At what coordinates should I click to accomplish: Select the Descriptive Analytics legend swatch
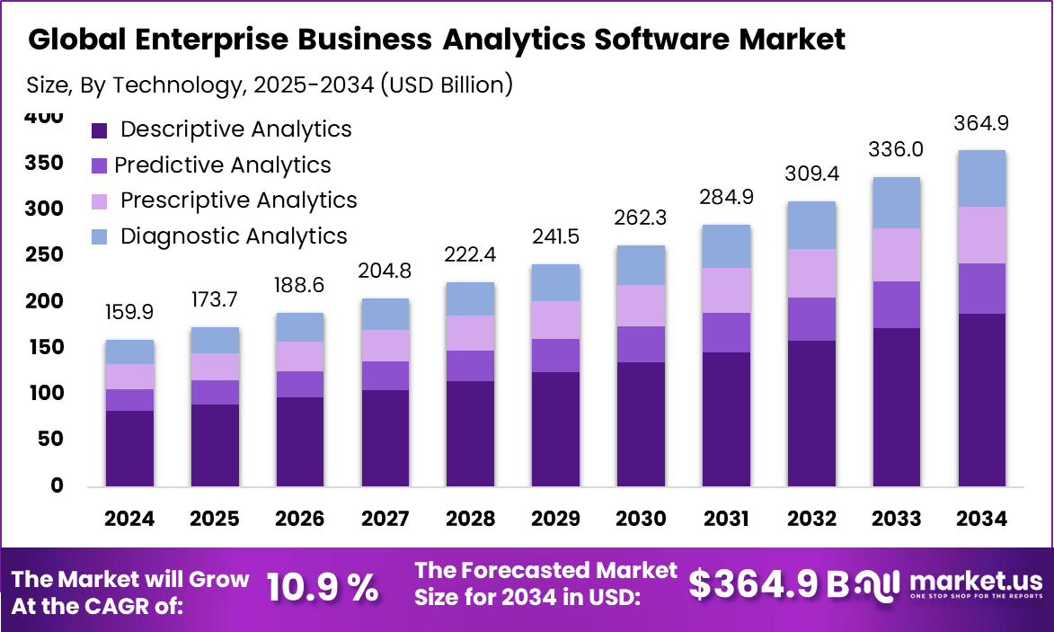[100, 130]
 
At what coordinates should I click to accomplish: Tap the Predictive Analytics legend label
[223, 165]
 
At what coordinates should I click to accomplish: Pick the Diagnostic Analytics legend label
[234, 236]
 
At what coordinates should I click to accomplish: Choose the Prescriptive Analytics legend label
[238, 200]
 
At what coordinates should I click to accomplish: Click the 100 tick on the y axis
[45, 393]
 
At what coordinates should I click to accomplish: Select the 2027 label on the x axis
[385, 519]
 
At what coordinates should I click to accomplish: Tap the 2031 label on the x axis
[726, 519]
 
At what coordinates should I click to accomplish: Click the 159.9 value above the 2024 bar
[129, 312]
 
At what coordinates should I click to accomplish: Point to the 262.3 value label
[641, 218]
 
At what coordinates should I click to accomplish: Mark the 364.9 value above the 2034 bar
[981, 122]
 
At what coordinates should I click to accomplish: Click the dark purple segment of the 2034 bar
[981, 400]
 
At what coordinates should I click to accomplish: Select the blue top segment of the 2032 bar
[811, 225]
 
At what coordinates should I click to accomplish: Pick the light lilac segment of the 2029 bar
[555, 320]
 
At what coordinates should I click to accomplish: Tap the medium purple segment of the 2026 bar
[299, 384]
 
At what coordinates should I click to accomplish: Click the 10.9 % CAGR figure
[323, 589]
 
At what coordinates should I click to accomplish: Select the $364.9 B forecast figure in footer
[768, 584]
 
